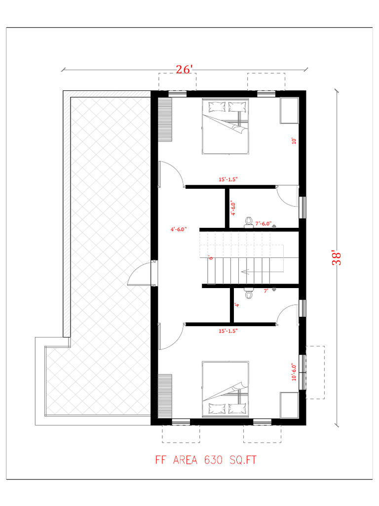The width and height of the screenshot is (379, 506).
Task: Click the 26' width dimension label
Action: coord(185,69)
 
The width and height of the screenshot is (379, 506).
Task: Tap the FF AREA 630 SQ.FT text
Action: coord(206,460)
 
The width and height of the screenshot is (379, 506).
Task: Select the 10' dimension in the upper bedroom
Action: coord(294,141)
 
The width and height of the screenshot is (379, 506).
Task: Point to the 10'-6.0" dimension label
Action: coord(294,372)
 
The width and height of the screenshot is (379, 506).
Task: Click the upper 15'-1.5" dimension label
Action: coord(228,179)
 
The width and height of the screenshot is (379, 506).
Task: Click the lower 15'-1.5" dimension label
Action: coord(228,331)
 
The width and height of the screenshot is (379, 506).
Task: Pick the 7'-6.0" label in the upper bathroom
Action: coord(264,223)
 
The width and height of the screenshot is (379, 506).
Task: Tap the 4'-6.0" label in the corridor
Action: coord(179,229)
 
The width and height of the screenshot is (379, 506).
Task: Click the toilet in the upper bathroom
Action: coord(249,222)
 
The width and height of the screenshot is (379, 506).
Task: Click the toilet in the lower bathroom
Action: coord(249,293)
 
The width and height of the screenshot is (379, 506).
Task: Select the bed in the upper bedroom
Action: coord(225,126)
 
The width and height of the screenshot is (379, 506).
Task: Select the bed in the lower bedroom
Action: coord(225,388)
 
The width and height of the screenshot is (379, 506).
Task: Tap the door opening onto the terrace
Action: coord(140,274)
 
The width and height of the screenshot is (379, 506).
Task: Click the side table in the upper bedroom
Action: coord(289,111)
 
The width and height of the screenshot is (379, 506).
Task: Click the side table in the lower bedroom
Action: coord(289,405)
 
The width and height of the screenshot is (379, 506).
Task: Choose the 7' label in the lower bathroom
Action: coord(266,291)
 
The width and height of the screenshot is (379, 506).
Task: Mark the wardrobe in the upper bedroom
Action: coord(165,120)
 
